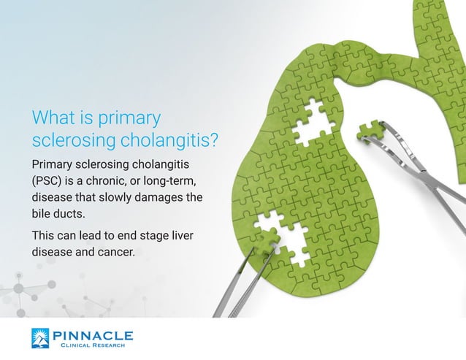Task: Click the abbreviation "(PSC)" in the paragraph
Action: (x=49, y=180)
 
